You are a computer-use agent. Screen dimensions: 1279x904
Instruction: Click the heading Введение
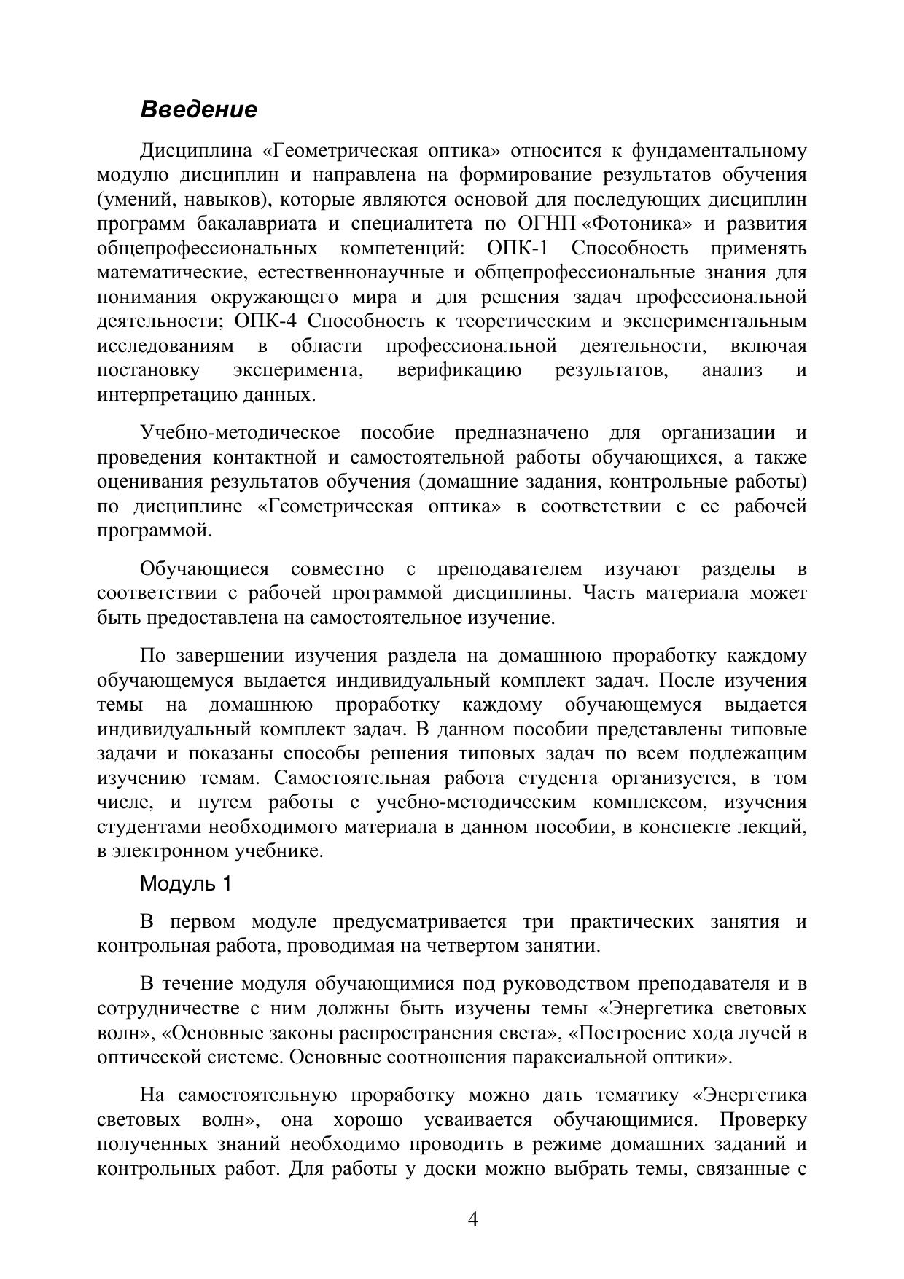tap(198, 110)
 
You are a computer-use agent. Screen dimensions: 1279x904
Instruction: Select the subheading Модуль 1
tap(186, 884)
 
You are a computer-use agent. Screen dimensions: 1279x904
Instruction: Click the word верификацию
tap(459, 370)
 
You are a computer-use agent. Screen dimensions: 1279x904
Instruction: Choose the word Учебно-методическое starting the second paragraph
tap(240, 433)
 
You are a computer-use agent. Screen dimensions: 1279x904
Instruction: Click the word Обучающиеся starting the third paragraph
tap(204, 569)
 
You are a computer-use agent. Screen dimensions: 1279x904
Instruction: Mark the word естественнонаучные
tap(341, 273)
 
